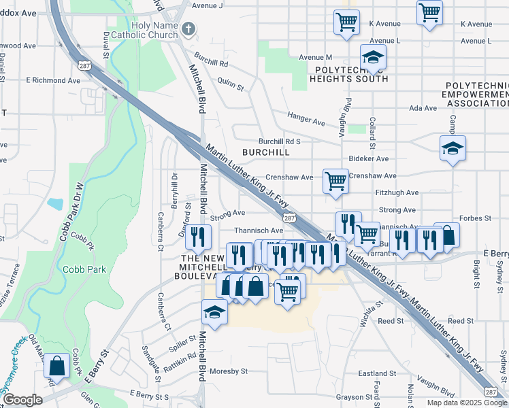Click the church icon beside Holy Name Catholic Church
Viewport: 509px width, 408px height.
tap(189, 29)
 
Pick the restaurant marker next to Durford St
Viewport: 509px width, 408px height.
tap(197, 237)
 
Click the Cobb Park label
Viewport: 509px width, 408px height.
tap(84, 269)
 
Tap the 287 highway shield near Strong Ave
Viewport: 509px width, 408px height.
tap(290, 218)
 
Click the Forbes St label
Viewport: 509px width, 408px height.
tap(478, 218)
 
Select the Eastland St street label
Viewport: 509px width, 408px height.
tap(377, 373)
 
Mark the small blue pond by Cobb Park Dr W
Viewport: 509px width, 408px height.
tap(55, 204)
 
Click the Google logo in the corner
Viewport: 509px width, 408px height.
tap(23, 399)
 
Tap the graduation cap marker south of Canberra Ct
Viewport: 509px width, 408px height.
tap(214, 313)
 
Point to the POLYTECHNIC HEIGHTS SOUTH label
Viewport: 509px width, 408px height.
tap(349, 74)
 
